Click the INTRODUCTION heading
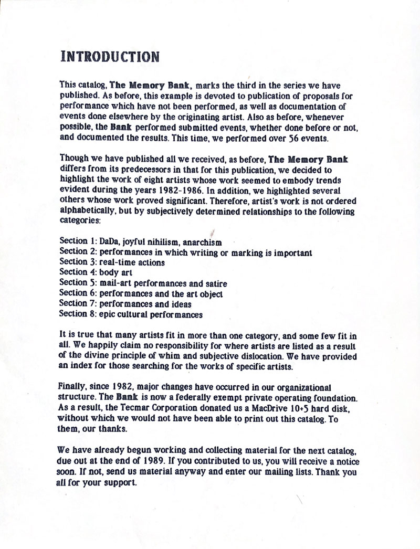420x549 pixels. point(110,56)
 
